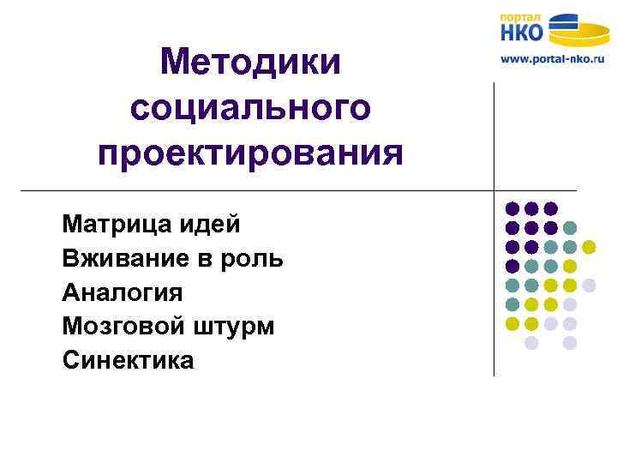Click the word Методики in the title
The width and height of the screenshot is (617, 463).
click(x=250, y=62)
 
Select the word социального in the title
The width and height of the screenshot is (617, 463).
click(x=250, y=108)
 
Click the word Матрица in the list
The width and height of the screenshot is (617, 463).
click(x=117, y=225)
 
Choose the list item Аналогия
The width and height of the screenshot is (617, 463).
click(x=123, y=292)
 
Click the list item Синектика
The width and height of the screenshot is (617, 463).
click(x=129, y=361)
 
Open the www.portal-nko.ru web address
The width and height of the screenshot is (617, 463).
click(x=552, y=61)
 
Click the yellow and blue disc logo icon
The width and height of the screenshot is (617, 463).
click(x=579, y=30)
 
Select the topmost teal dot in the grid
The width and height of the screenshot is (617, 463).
click(x=570, y=227)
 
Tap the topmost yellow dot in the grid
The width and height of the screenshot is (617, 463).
click(x=589, y=247)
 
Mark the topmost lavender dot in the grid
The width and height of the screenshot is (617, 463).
click(x=589, y=285)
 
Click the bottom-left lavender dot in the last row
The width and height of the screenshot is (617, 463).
click(x=531, y=343)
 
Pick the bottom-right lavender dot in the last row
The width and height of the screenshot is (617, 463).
click(x=570, y=343)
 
